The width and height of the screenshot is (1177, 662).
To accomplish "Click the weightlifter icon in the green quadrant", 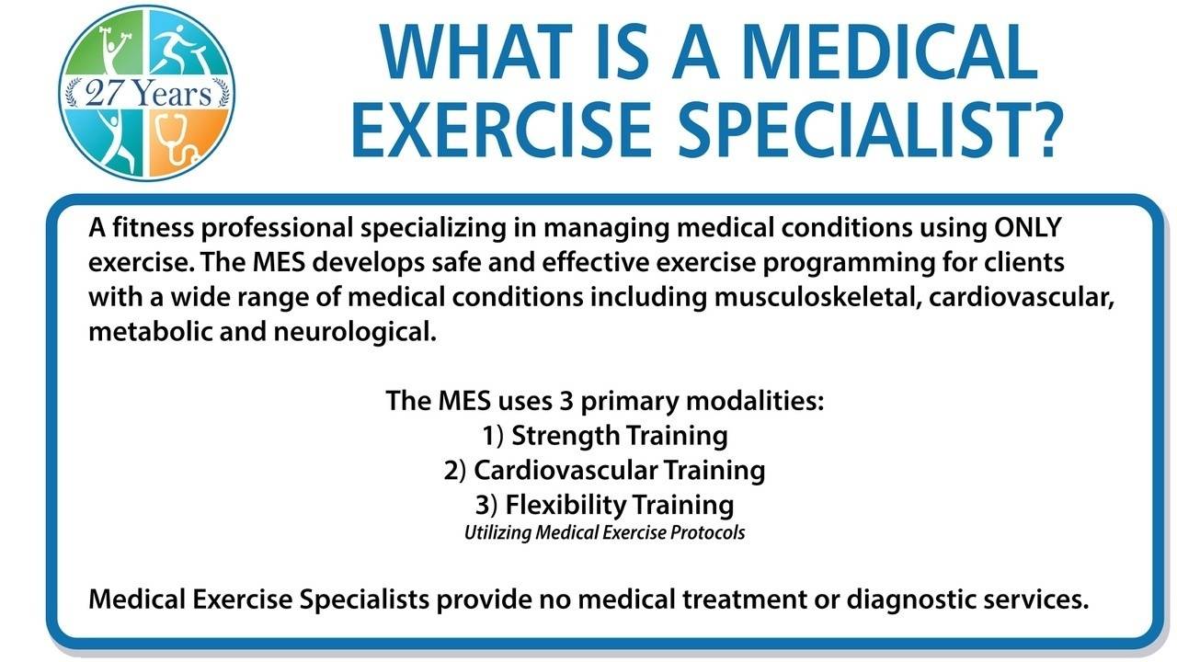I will click(109, 49).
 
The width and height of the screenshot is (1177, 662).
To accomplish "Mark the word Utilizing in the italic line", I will click(495, 532).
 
